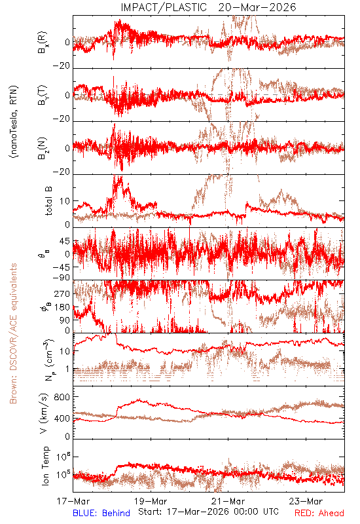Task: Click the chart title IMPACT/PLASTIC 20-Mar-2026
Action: point(208,7)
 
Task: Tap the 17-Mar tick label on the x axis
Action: point(73,501)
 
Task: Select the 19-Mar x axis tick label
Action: point(151,501)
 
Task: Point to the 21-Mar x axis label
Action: point(228,501)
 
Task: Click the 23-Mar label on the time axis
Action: point(306,501)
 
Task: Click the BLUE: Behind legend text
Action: point(101,513)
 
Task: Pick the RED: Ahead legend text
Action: point(319,513)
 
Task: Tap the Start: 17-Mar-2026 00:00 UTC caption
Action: point(208,512)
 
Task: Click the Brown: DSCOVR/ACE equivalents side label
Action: point(13,333)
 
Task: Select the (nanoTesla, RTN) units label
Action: point(14,122)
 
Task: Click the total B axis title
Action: point(48,201)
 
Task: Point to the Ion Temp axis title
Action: point(45,466)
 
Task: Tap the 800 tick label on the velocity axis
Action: point(62,397)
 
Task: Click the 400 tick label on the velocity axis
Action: point(62,418)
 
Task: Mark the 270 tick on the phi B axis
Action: point(62,293)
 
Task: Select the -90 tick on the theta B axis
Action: point(62,278)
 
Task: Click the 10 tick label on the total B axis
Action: point(65,201)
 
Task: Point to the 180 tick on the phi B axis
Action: point(62,307)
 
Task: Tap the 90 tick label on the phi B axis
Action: point(65,320)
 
